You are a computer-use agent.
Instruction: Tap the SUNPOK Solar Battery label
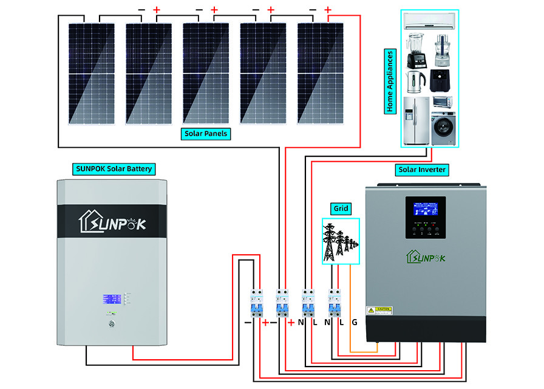point(114,168)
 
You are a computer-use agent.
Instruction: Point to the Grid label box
point(341,208)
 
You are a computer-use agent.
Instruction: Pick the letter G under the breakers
point(355,322)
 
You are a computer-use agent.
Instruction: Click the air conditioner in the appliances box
point(430,21)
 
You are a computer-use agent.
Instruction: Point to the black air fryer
point(442,80)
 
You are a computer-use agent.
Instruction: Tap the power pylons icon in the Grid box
point(340,242)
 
